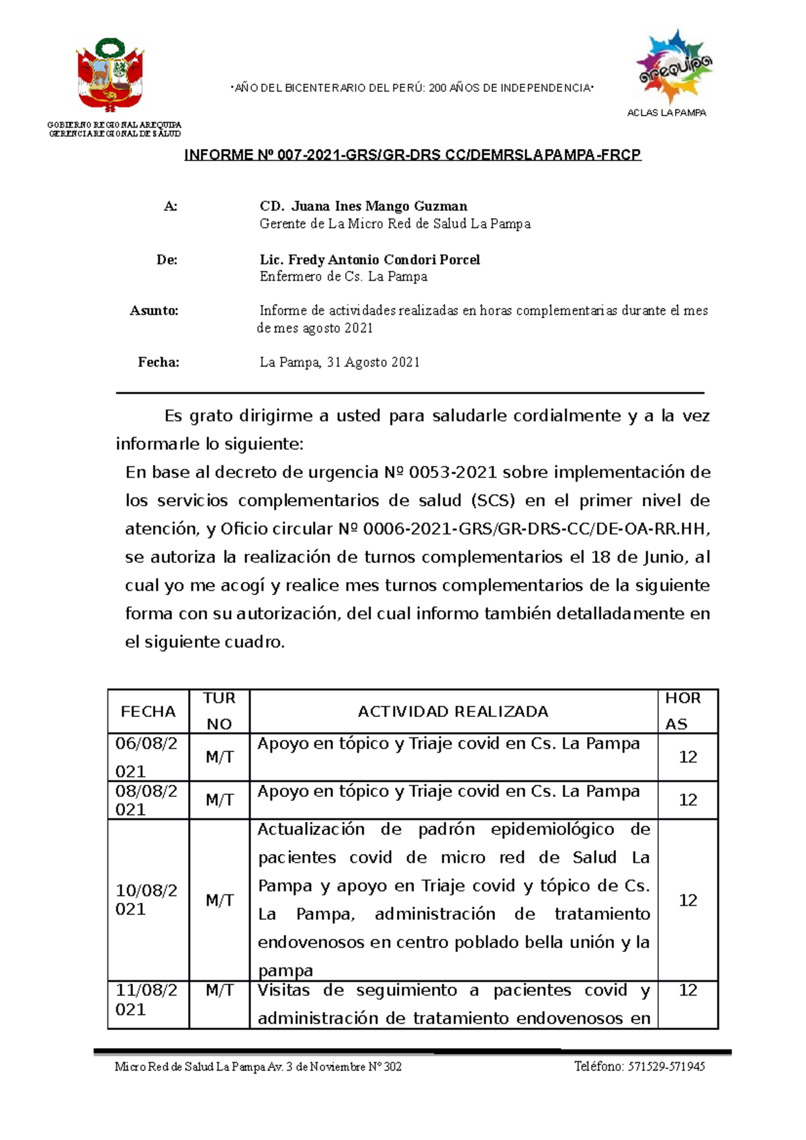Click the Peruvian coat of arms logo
tap(110, 75)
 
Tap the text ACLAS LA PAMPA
tap(666, 113)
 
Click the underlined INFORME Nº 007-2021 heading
tap(412, 155)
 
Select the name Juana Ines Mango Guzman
tap(379, 206)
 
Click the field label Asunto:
tap(154, 311)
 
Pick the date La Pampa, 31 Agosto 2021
tap(339, 363)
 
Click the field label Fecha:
tap(159, 363)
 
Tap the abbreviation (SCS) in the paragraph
tap(494, 501)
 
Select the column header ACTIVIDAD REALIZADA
tap(453, 712)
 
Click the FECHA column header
tap(148, 712)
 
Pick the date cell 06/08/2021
tap(146, 757)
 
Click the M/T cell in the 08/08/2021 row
tap(219, 800)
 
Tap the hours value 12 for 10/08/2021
tap(688, 900)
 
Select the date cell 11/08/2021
tap(146, 1000)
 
